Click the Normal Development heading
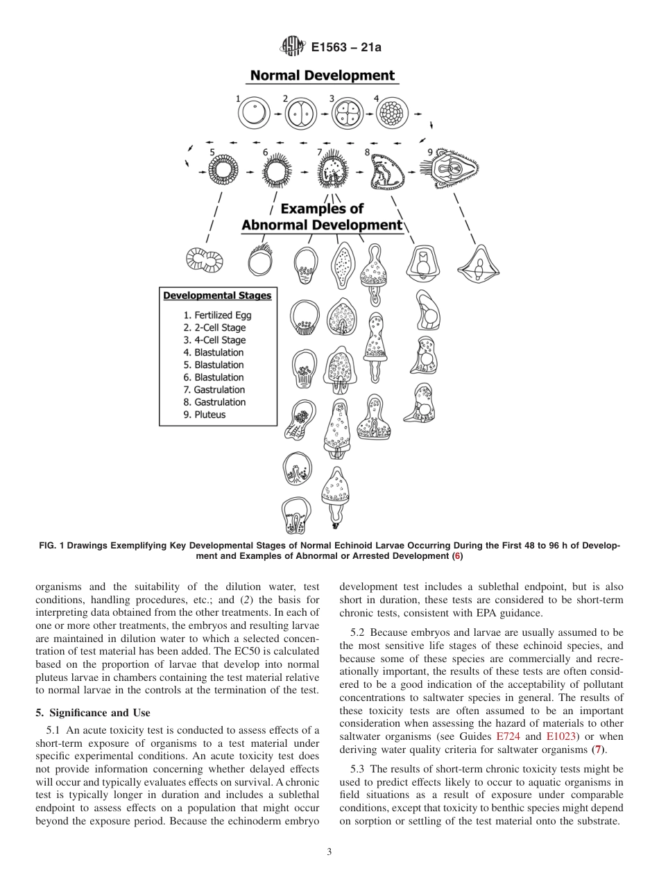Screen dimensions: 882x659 pyautogui.click(x=322, y=76)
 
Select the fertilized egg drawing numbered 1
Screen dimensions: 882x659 pyautogui.click(x=255, y=112)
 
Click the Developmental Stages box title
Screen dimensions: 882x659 pyautogui.click(x=217, y=295)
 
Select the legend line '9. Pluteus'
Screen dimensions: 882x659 pyautogui.click(x=205, y=415)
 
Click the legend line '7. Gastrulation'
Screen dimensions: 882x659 pyautogui.click(x=214, y=390)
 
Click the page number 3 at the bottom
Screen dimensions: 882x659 pyautogui.click(x=329, y=852)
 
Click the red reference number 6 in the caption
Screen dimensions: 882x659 pyautogui.click(x=456, y=556)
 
